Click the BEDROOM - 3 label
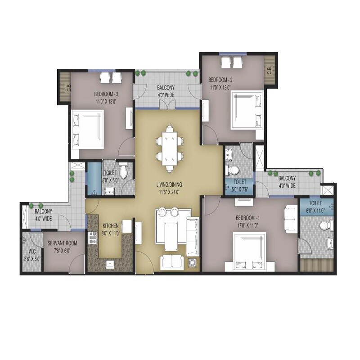point(106,94)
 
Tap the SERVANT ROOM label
point(62,243)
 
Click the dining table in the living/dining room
point(170,149)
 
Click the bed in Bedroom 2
point(246,110)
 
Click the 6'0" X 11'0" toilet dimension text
point(315,211)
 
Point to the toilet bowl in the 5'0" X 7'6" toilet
point(232,169)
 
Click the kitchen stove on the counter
point(93,237)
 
